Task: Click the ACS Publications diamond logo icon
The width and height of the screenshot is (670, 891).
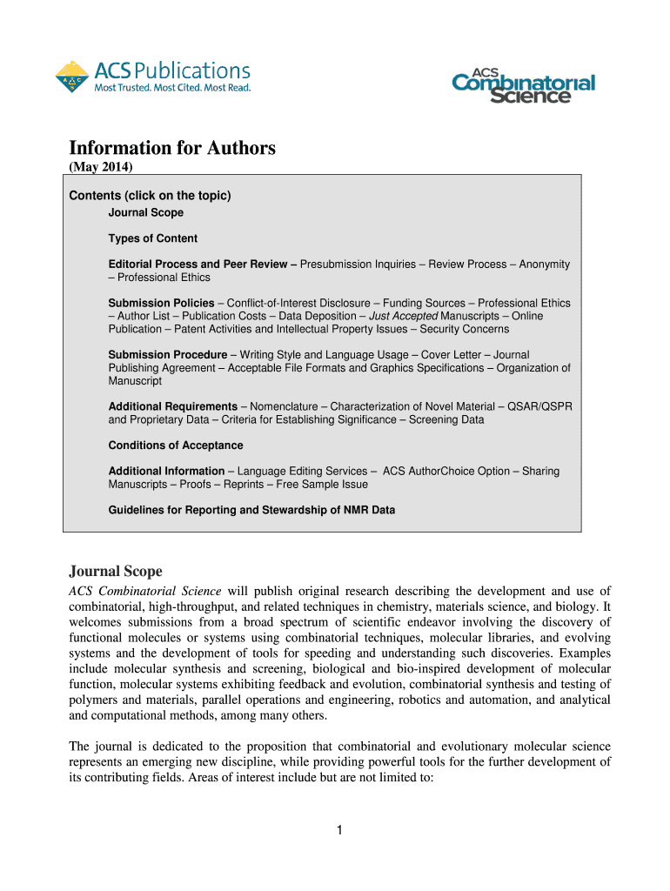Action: coord(71,77)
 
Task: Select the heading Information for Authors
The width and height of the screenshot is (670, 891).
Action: coord(172,148)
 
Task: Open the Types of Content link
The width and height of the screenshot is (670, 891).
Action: coord(152,238)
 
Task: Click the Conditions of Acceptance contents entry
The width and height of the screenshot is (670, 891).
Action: coord(175,445)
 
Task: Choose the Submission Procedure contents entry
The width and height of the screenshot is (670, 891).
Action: coord(167,355)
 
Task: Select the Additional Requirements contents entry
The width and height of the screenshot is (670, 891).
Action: coord(172,406)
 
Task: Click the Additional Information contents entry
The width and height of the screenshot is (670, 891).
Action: coord(166,471)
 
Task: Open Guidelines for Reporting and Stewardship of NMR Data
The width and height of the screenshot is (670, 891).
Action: coord(251,510)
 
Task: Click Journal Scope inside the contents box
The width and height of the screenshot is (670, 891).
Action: coord(145,212)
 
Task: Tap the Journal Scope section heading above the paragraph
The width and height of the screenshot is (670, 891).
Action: coord(115,572)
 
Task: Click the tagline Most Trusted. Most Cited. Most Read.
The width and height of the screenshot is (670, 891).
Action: coord(172,88)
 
